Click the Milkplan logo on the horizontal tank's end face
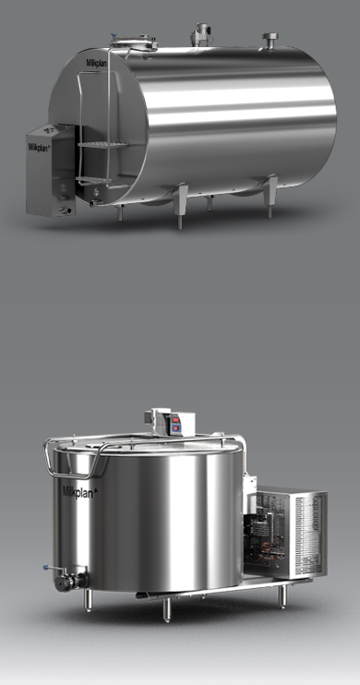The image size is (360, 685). (x=96, y=63)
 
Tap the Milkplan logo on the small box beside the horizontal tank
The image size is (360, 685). (x=39, y=147)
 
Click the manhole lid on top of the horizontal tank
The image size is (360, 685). (x=133, y=42)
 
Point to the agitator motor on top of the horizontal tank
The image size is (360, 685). (x=200, y=34)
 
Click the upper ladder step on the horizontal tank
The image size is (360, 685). (x=109, y=144)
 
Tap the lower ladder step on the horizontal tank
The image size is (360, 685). (x=95, y=179)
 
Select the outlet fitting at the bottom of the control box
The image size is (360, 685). (x=66, y=210)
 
